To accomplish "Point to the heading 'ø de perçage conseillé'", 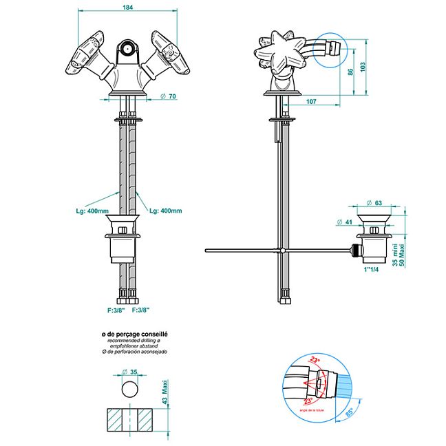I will pos(135,334).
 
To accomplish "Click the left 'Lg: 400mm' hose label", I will pos(92,211).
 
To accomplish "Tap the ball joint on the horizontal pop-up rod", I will pos(282,249).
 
